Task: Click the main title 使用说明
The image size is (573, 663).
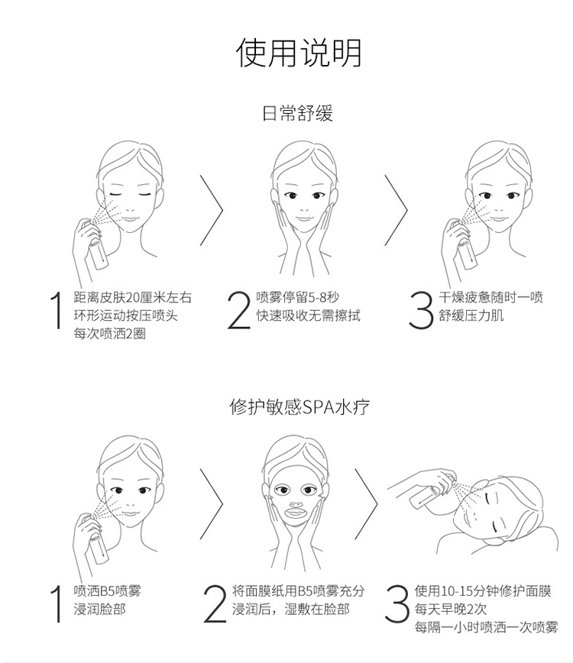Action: click(299, 53)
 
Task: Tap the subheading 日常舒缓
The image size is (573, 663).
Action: click(298, 113)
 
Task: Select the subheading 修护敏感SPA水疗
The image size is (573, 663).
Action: click(299, 407)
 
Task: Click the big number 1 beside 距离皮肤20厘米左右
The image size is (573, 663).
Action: click(57, 309)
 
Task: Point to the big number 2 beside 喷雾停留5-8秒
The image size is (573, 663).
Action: click(239, 309)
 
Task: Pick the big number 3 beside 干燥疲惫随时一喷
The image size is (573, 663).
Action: click(421, 310)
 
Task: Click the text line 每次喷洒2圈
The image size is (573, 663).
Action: click(109, 334)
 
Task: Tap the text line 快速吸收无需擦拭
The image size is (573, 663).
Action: click(309, 315)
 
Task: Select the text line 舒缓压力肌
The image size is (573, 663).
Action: click(471, 315)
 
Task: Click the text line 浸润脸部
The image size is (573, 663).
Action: click(99, 610)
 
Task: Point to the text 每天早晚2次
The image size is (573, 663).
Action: click(450, 609)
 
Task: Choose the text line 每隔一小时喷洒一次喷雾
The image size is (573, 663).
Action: click(486, 627)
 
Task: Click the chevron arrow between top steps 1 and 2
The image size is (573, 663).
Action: click(212, 210)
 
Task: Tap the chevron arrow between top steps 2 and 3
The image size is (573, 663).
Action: click(397, 210)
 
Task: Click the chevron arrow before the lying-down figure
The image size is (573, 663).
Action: click(366, 503)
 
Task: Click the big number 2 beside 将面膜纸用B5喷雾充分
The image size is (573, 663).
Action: click(215, 603)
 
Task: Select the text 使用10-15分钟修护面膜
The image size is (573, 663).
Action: click(483, 590)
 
